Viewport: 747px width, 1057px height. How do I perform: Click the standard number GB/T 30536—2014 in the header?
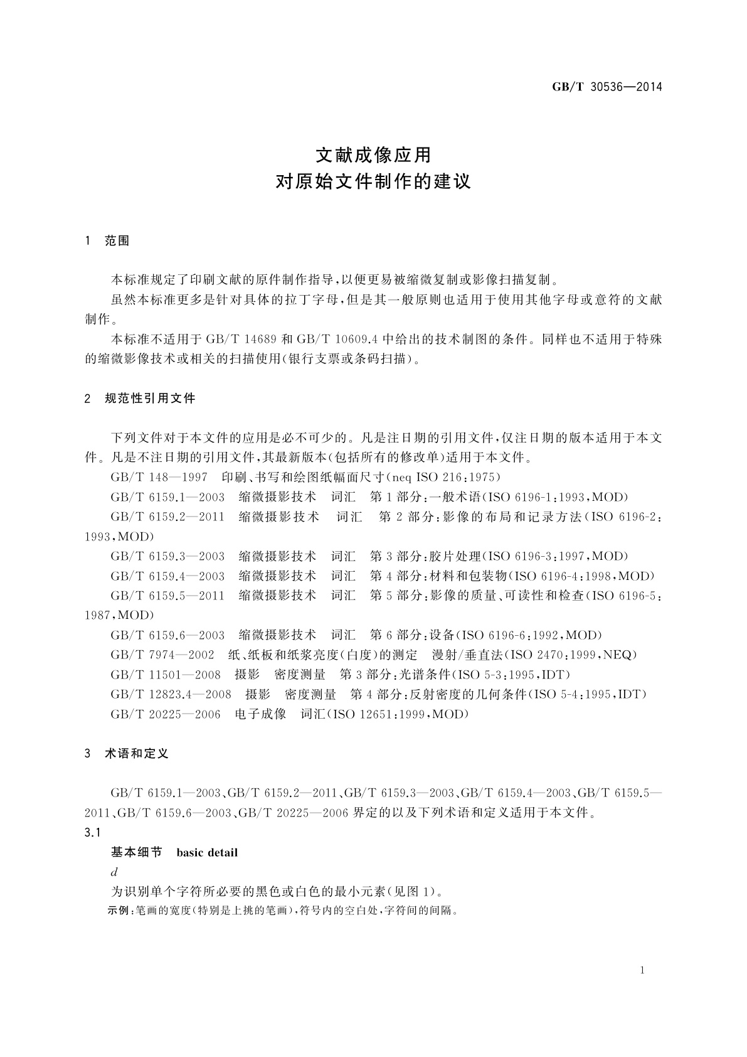click(x=607, y=87)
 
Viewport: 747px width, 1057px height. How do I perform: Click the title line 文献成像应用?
click(x=373, y=154)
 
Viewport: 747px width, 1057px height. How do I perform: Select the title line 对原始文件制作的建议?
click(x=373, y=183)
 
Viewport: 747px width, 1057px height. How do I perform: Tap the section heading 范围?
click(x=117, y=241)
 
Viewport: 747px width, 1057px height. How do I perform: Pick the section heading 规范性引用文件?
click(x=151, y=398)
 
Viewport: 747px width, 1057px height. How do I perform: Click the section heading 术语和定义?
click(x=137, y=753)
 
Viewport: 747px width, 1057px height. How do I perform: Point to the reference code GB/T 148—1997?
click(x=159, y=477)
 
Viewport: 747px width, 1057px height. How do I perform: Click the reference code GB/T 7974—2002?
click(x=162, y=655)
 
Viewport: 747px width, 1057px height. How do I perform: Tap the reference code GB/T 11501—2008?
click(x=166, y=675)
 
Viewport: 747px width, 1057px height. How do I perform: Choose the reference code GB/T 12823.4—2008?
click(x=171, y=694)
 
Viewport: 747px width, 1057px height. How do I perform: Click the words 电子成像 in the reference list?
click(x=260, y=714)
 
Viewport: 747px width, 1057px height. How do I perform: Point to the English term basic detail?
click(x=207, y=852)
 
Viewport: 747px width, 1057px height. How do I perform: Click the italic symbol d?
click(x=114, y=872)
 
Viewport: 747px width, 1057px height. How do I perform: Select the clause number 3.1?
click(x=92, y=832)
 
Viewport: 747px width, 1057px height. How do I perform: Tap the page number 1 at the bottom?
click(x=643, y=970)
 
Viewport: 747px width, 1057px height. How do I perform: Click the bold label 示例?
click(x=119, y=911)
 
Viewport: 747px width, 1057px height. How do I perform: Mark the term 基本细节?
click(x=136, y=852)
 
